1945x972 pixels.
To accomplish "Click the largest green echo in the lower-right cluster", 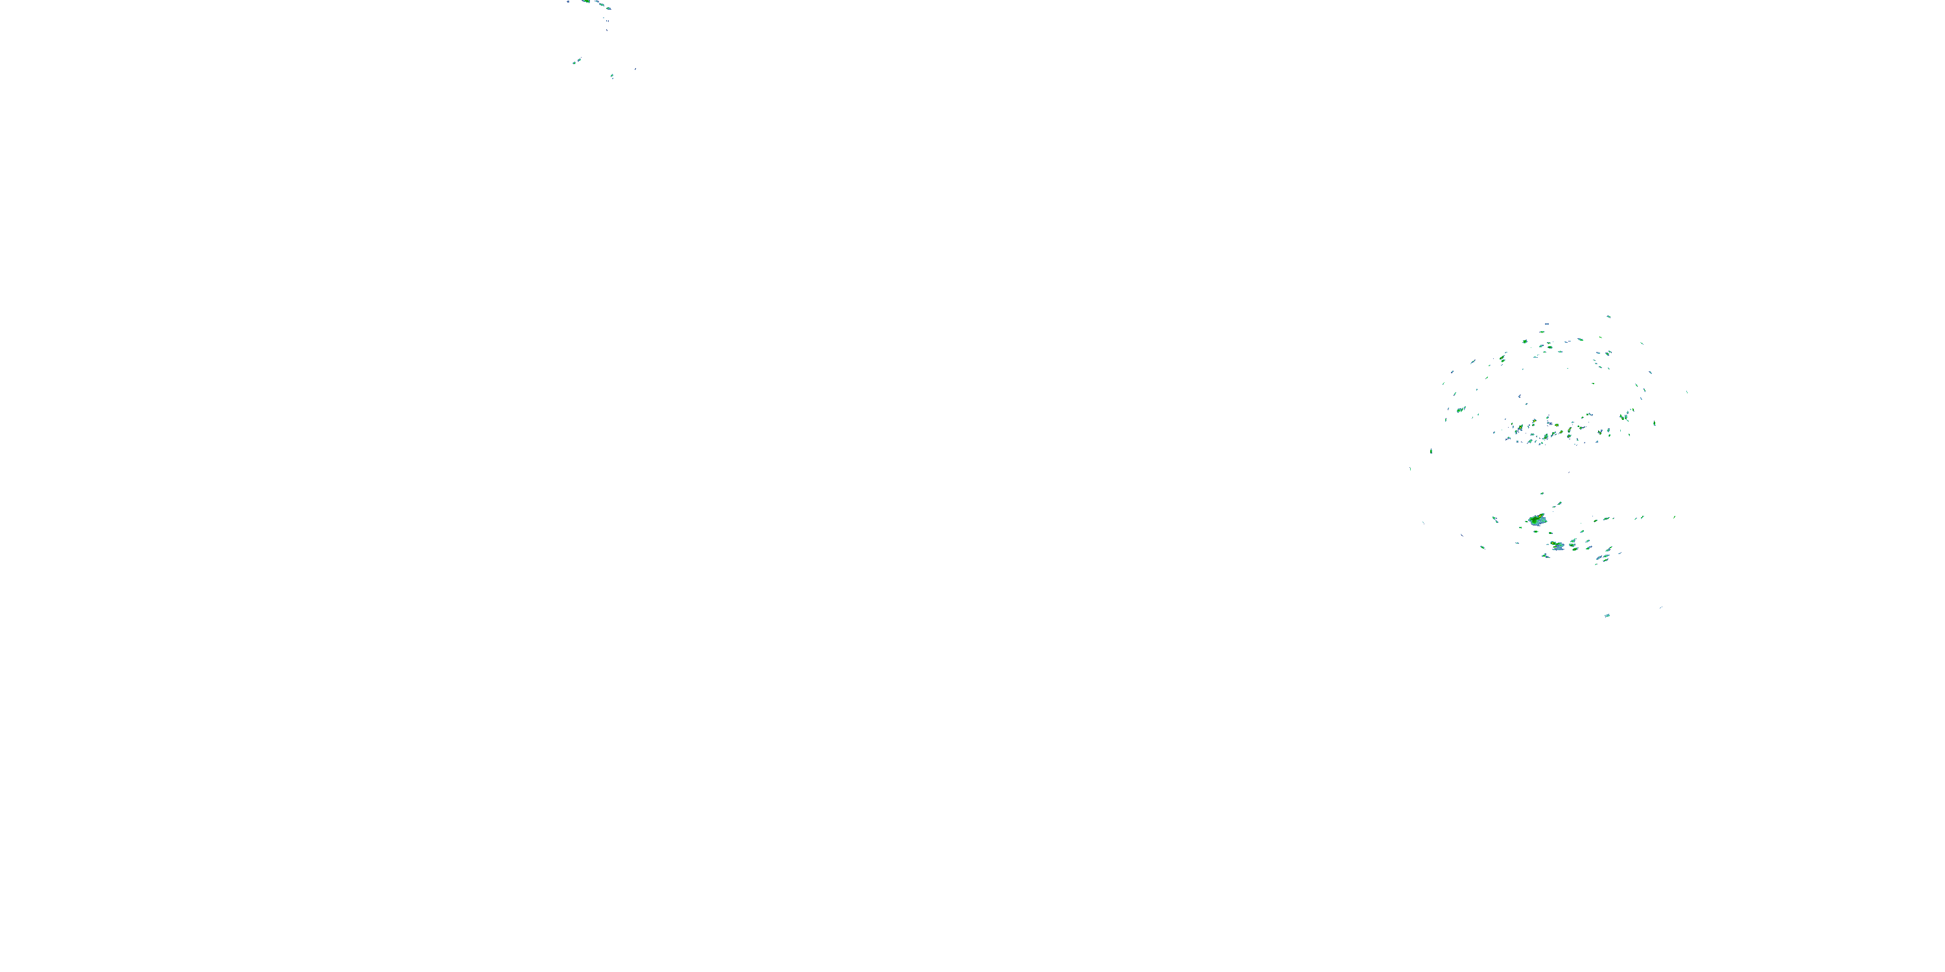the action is click(1537, 520).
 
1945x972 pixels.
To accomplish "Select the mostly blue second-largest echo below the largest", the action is click(1558, 546).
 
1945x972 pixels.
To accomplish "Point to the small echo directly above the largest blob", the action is click(1542, 494).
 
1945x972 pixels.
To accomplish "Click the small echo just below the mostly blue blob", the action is click(1546, 556).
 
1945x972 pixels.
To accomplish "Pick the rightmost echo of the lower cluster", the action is click(1675, 517).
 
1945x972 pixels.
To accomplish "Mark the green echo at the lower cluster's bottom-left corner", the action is click(1483, 547).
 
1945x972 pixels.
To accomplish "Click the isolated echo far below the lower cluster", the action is click(1607, 615).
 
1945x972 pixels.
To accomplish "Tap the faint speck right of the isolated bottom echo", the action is click(1661, 607).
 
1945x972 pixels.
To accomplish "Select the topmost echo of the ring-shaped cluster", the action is click(1609, 317).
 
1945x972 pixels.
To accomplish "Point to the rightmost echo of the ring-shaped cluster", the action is click(1687, 391).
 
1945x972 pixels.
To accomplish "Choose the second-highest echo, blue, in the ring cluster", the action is click(1547, 324).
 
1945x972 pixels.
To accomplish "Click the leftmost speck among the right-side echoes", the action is click(1410, 469).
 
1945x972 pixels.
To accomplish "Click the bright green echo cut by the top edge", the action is click(586, 1).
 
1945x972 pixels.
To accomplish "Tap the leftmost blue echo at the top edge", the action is click(568, 2).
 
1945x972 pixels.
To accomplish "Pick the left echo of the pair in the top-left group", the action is click(574, 63).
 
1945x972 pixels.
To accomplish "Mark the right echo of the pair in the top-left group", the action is click(579, 60).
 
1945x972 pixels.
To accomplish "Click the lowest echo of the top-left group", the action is click(611, 76).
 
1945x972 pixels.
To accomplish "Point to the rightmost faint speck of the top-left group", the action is click(635, 69).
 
